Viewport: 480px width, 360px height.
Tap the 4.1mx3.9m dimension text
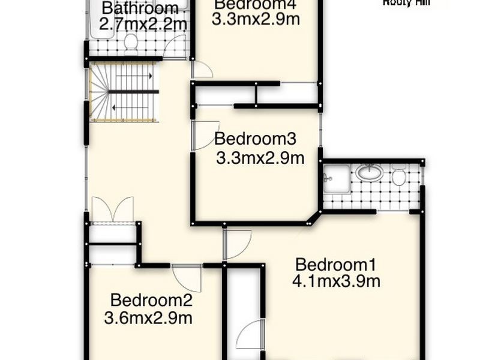pyautogui.click(x=336, y=281)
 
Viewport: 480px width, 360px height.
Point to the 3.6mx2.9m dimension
pyautogui.click(x=148, y=318)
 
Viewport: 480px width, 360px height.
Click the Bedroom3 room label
pyautogui.click(x=256, y=139)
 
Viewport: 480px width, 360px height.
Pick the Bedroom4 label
pyautogui.click(x=256, y=5)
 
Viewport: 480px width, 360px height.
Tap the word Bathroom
pyautogui.click(x=140, y=8)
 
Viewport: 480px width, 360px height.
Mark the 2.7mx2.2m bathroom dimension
pyautogui.click(x=143, y=25)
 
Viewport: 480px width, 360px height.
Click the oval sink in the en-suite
pyautogui.click(x=369, y=173)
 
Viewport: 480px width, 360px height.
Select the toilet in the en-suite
pyautogui.click(x=399, y=177)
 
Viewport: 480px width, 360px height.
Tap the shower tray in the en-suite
pyautogui.click(x=336, y=178)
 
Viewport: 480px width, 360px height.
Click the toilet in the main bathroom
pyautogui.click(x=130, y=42)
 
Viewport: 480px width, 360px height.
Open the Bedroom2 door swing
pyautogui.click(x=187, y=277)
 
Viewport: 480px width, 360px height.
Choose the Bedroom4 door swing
pyautogui.click(x=202, y=70)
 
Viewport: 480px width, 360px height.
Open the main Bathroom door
pyautogui.click(x=176, y=47)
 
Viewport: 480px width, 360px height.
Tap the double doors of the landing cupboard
pyautogui.click(x=112, y=210)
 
